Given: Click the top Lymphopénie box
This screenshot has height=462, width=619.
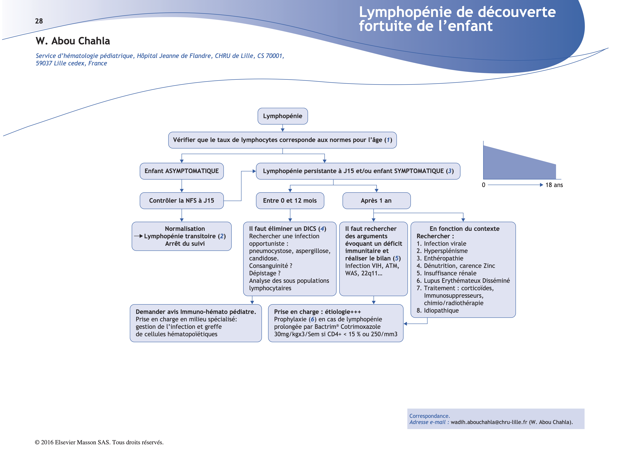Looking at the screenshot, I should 282,116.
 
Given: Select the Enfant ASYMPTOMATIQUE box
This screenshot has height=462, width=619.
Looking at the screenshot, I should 181,171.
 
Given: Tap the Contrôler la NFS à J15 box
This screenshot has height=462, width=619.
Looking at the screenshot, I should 181,200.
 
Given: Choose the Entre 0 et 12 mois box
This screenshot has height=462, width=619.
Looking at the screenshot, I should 290,200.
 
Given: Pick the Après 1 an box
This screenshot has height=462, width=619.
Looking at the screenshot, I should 376,200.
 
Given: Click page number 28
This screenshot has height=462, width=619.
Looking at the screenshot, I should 39,21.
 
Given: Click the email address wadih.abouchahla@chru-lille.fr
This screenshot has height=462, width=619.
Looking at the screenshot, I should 489,422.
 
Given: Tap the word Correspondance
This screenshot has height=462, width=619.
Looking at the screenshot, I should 429,416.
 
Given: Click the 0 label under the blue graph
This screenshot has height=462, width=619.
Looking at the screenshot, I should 483,185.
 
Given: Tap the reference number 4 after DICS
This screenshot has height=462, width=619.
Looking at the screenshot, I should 322,229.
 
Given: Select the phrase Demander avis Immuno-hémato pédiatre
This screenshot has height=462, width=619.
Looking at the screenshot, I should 196,312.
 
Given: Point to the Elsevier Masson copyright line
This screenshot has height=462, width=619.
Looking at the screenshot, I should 99,442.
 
